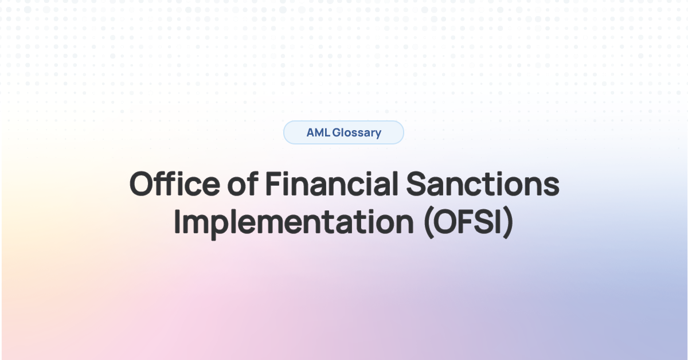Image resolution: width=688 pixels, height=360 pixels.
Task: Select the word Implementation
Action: coord(292,222)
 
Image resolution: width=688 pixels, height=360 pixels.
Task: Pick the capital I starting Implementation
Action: coord(178,222)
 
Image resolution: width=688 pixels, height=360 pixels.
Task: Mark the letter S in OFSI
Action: coord(483,222)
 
